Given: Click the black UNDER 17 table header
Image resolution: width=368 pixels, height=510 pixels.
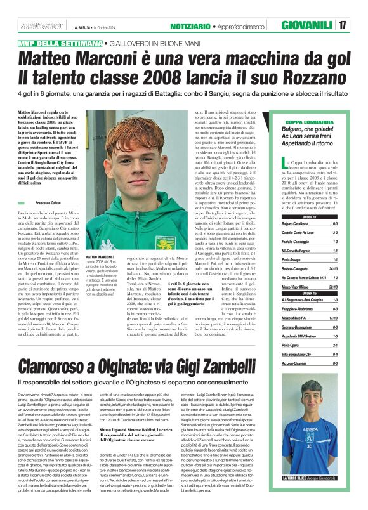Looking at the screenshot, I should [x=311, y=217].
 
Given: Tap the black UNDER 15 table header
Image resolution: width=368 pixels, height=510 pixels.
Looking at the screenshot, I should [x=311, y=293].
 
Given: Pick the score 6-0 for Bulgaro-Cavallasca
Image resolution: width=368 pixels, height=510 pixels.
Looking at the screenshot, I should [x=334, y=224].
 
